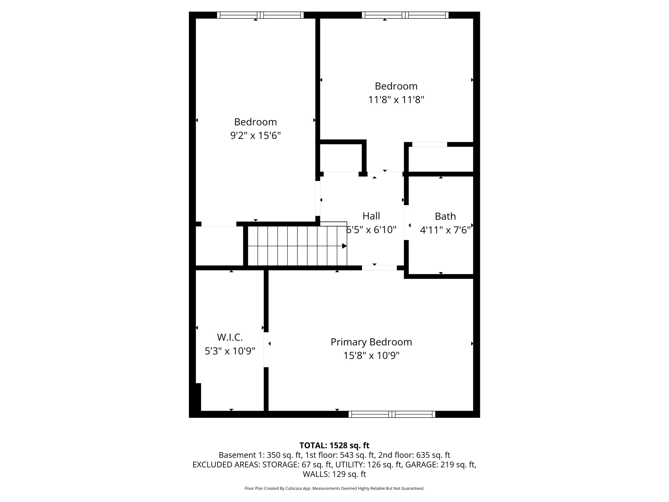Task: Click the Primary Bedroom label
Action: pyautogui.click(x=371, y=342)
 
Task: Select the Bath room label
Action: pyautogui.click(x=445, y=216)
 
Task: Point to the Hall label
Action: pyautogui.click(x=371, y=216)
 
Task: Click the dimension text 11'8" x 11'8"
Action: pyautogui.click(x=396, y=100)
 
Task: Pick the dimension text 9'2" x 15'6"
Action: pyautogui.click(x=256, y=135)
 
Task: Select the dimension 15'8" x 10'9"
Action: pyautogui.click(x=371, y=355)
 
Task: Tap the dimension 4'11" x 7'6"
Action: pyautogui.click(x=445, y=230)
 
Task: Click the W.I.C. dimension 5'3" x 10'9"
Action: pyautogui.click(x=230, y=351)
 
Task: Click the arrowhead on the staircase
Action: pyautogui.click(x=344, y=246)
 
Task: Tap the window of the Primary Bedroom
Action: pyautogui.click(x=392, y=414)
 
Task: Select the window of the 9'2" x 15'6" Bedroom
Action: pyautogui.click(x=260, y=15)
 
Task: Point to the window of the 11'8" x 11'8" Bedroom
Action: pyautogui.click(x=405, y=15)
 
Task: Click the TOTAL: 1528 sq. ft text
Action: pyautogui.click(x=334, y=446)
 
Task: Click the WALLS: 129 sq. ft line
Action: pyautogui.click(x=334, y=474)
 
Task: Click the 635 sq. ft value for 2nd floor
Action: pyautogui.click(x=433, y=455)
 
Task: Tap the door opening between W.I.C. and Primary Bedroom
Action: pyautogui.click(x=266, y=350)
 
